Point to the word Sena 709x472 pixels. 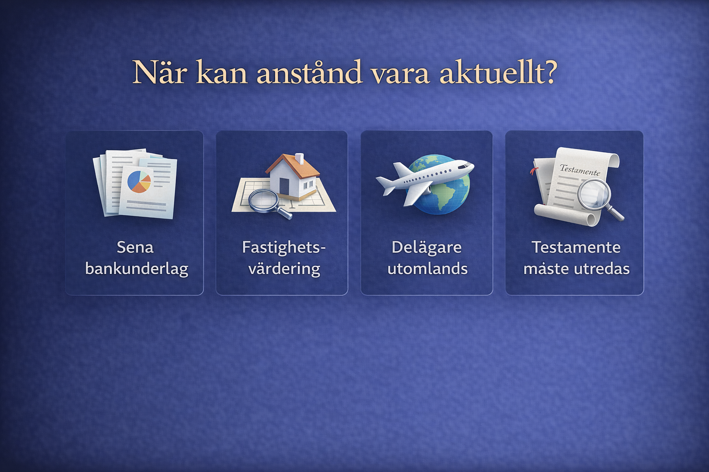[x=135, y=247]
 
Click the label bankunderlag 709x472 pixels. [x=137, y=269]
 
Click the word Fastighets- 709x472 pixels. [x=283, y=247]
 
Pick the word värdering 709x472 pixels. [x=284, y=269]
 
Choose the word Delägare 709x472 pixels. [x=427, y=247]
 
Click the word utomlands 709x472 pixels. [x=427, y=269]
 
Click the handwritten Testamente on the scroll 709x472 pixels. [x=580, y=170]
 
